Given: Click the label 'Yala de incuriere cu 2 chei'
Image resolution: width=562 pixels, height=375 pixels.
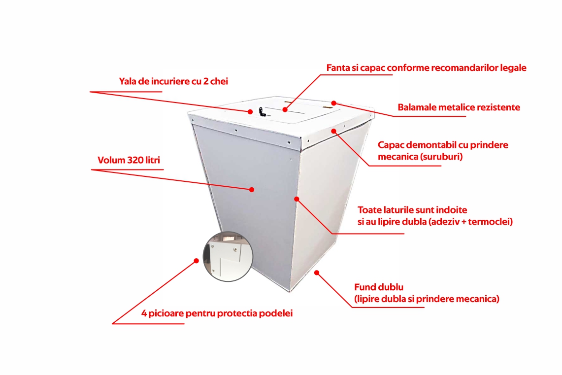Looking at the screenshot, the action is tap(173, 81).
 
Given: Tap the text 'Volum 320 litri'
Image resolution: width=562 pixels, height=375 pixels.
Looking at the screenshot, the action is tap(129, 160).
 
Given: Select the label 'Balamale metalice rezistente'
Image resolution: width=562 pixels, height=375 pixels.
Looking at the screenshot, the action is tap(459, 107).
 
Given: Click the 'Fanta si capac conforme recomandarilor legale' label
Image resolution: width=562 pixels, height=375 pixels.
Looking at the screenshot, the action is tap(426, 68).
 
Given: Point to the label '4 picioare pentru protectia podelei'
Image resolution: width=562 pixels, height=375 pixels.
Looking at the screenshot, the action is tap(217, 313).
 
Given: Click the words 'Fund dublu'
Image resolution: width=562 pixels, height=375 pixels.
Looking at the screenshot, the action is tap(379, 287).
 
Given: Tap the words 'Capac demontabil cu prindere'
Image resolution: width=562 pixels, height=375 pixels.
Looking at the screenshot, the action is tap(443, 145).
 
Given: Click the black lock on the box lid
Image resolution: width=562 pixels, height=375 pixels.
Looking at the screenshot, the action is tap(262, 112).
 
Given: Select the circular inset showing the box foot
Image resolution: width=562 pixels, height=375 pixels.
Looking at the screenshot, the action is tap(228, 256).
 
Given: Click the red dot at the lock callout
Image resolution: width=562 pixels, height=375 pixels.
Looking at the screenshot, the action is tap(250, 112).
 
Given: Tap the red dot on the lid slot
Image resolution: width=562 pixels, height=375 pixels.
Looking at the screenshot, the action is tap(285, 109).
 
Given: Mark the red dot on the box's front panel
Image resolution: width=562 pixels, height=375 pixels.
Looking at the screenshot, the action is tap(252, 190).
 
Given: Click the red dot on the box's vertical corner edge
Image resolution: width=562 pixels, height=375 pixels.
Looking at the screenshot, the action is tap(297, 199).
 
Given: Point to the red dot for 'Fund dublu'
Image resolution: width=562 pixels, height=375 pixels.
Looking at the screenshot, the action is tap(317, 273).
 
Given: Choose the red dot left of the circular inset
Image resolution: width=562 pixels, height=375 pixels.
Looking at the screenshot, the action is tap(197, 261).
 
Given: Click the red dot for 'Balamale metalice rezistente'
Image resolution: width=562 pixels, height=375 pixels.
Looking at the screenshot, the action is tap(333, 103).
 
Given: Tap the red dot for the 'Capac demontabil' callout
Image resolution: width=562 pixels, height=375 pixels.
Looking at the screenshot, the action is tap(333, 131).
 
